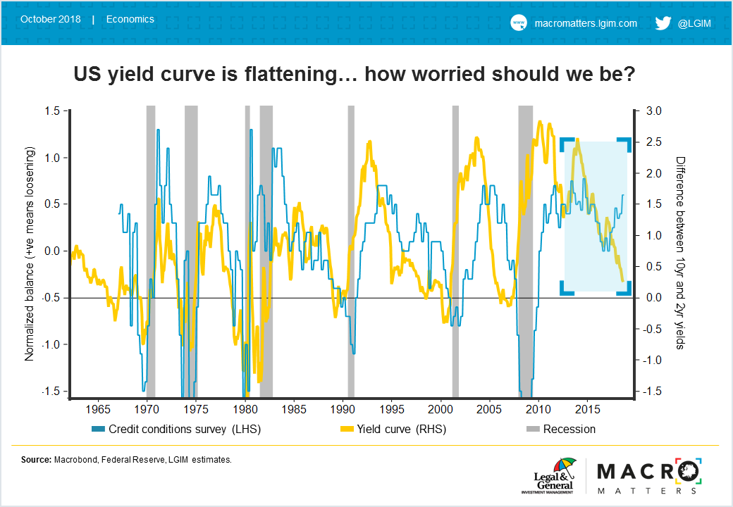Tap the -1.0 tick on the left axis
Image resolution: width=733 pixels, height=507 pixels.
tap(52, 344)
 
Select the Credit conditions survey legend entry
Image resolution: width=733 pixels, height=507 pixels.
tap(175, 429)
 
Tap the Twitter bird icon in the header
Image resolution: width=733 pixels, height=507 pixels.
tap(663, 23)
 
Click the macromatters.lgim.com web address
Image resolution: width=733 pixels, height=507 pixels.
tap(586, 23)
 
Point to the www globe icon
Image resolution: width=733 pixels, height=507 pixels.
tap(518, 23)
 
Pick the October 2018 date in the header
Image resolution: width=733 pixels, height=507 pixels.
tap(51, 19)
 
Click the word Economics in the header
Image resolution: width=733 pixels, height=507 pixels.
tap(130, 19)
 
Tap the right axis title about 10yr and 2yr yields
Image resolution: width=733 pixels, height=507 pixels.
tap(679, 253)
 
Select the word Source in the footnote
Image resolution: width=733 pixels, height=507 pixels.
tap(35, 460)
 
